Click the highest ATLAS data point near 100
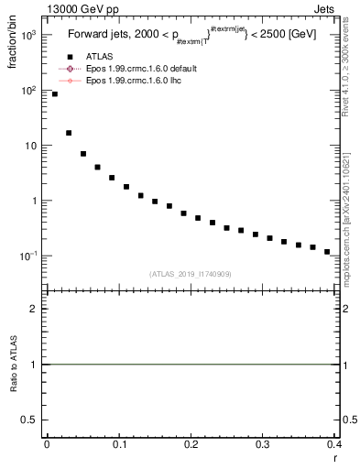(55, 94)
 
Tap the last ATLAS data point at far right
(327, 251)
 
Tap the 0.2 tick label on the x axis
(191, 444)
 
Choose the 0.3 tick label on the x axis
(262, 444)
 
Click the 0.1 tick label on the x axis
(118, 444)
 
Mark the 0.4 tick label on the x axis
(333, 444)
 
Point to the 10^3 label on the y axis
(29, 35)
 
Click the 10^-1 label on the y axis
(29, 256)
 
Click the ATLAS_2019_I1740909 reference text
(191, 274)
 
